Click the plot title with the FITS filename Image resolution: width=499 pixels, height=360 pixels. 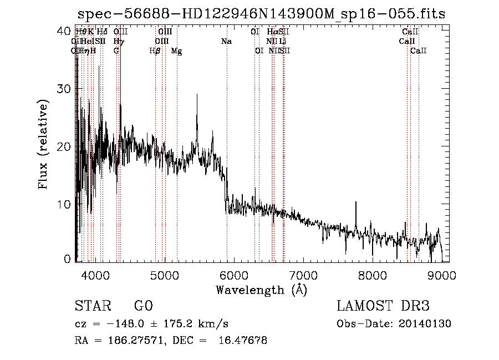point(261,13)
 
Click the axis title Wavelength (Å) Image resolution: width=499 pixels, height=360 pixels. point(261,290)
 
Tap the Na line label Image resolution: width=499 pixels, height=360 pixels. point(226,42)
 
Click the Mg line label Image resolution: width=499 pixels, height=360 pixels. point(176,51)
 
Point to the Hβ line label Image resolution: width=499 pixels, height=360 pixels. point(155,51)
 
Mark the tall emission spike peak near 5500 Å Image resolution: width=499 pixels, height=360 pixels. point(197,95)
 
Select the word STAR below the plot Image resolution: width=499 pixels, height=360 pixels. point(93,306)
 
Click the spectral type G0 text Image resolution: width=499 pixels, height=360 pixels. point(143,306)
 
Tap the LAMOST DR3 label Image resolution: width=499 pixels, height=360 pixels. point(383,306)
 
